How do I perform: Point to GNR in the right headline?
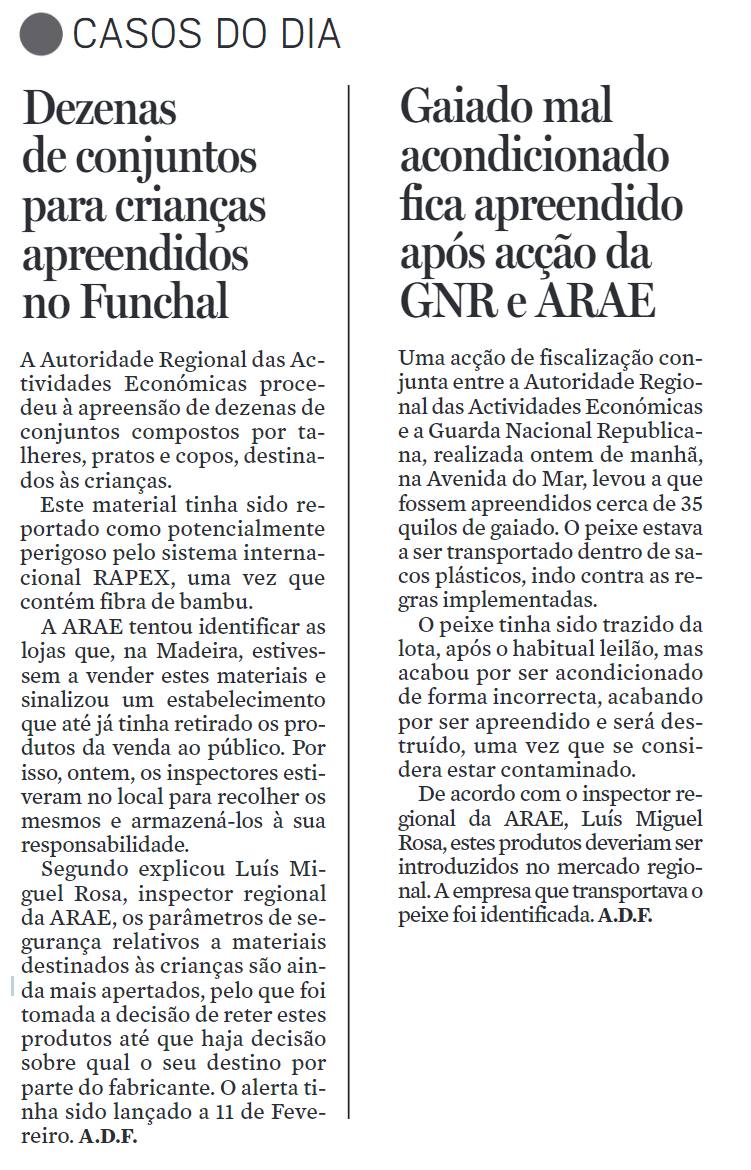coord(455,300)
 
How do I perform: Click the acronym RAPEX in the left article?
coord(127,578)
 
